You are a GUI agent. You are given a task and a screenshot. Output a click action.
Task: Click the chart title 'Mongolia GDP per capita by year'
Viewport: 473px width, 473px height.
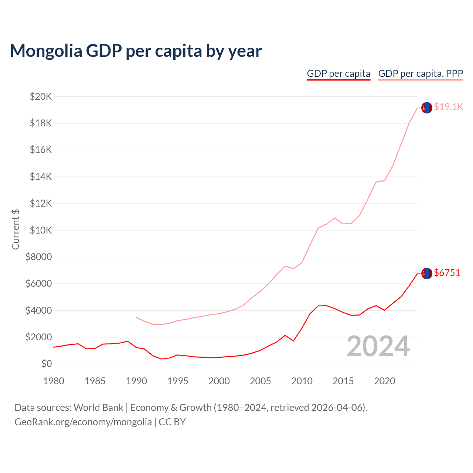pyautogui.click(x=136, y=51)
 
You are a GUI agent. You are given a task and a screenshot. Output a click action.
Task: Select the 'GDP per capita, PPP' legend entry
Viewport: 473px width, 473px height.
pyautogui.click(x=421, y=74)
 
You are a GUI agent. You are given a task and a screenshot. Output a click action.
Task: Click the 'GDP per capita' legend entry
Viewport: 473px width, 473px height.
pyautogui.click(x=338, y=74)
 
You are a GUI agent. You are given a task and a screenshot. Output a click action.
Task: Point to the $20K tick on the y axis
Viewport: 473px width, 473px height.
pyautogui.click(x=41, y=97)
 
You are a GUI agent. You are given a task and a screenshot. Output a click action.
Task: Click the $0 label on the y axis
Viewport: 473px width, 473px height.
pyautogui.click(x=46, y=364)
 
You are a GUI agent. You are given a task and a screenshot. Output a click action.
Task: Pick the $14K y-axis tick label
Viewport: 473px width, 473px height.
pyautogui.click(x=41, y=177)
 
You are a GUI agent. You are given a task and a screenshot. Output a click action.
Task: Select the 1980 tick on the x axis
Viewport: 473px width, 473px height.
pyautogui.click(x=54, y=381)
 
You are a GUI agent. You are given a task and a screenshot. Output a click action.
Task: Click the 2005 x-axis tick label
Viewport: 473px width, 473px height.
pyautogui.click(x=261, y=381)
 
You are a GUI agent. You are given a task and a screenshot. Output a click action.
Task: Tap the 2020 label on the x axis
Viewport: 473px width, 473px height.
pyautogui.click(x=385, y=381)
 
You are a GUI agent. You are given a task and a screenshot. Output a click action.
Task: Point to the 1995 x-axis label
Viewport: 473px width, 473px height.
pyautogui.click(x=178, y=381)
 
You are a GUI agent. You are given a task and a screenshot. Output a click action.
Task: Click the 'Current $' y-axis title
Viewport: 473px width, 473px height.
pyautogui.click(x=16, y=229)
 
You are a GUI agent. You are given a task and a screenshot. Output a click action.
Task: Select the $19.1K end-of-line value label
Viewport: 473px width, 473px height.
pyautogui.click(x=448, y=107)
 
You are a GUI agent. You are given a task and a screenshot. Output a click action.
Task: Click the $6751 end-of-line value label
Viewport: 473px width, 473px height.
pyautogui.click(x=447, y=273)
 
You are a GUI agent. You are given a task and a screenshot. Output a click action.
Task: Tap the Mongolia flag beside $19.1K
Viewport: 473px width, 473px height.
pyautogui.click(x=427, y=108)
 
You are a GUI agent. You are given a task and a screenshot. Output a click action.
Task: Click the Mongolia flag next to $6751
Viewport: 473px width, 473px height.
pyautogui.click(x=427, y=273)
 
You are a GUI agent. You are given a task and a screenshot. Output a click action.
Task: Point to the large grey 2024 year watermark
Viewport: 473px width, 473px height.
pyautogui.click(x=378, y=346)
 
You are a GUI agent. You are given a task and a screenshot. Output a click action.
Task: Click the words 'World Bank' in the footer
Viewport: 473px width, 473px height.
pyautogui.click(x=98, y=408)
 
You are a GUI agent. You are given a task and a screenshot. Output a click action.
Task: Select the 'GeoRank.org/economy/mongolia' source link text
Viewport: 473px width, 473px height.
pyautogui.click(x=83, y=422)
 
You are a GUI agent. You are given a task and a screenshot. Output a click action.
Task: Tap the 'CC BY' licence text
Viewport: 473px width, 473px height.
pyautogui.click(x=172, y=422)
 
